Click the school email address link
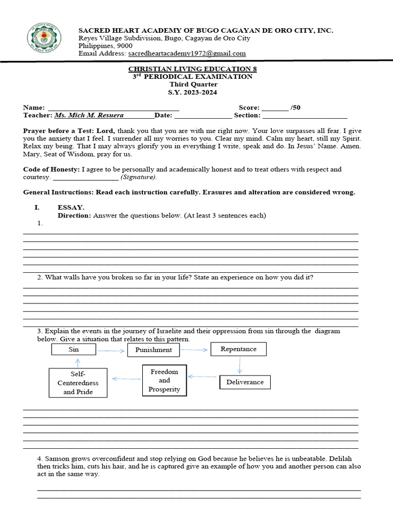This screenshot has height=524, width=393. (x=187, y=53)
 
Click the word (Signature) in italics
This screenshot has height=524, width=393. (x=139, y=177)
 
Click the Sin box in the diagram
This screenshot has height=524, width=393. (x=73, y=350)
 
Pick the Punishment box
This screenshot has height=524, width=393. (x=154, y=350)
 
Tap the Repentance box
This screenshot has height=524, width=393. (x=238, y=349)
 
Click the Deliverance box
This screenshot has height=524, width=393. (x=245, y=382)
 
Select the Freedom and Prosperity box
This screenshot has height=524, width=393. (x=164, y=380)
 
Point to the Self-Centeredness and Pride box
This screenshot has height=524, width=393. (x=78, y=383)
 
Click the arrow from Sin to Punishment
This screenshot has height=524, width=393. (x=111, y=351)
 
